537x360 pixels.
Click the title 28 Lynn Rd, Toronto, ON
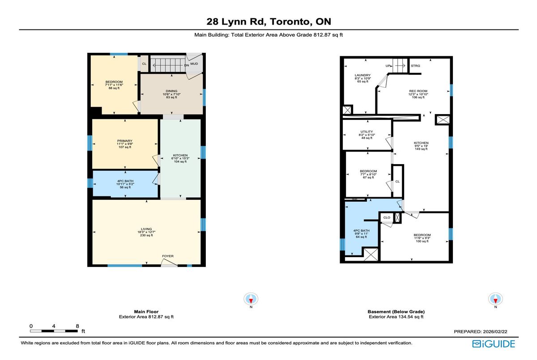268,21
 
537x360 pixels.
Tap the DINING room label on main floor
171,91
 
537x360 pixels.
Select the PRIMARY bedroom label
125,141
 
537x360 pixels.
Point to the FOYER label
168,256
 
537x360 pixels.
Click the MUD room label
194,64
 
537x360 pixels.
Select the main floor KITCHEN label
180,156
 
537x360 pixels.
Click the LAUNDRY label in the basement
362,75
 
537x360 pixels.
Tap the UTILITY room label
367,132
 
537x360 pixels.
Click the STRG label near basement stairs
415,66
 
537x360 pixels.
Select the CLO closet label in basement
387,218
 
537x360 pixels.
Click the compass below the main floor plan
251,298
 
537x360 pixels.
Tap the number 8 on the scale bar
77,326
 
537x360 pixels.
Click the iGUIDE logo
494,344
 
